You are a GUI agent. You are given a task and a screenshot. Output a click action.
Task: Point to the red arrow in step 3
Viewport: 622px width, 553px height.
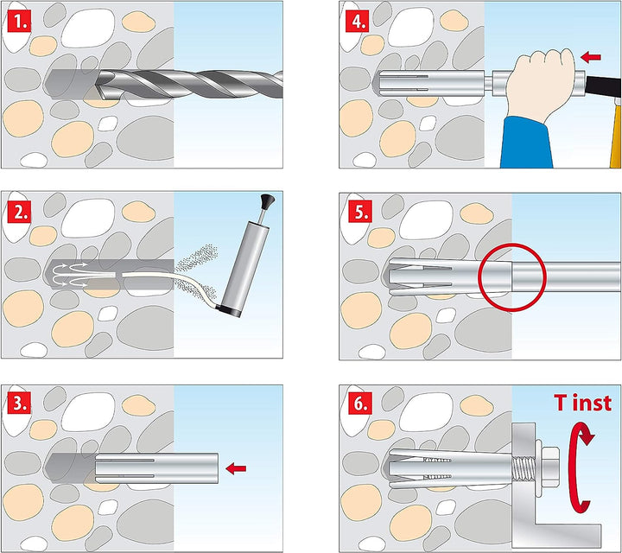click(x=234, y=467)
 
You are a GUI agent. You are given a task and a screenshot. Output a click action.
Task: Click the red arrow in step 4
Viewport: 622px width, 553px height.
click(x=592, y=57)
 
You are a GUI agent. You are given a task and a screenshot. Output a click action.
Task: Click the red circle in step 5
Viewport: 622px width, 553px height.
click(x=514, y=277)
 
